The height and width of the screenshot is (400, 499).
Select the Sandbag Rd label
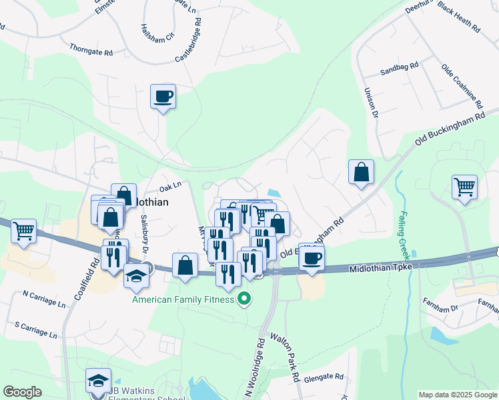pyautogui.click(x=398, y=67)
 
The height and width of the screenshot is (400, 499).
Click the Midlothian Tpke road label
pyautogui.click(x=381, y=267)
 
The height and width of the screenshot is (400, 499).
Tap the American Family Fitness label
pyautogui.click(x=183, y=299)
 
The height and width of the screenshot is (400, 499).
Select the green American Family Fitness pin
pyautogui.click(x=244, y=299)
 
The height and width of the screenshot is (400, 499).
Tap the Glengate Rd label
pyautogui.click(x=324, y=377)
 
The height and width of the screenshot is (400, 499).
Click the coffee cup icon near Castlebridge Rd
pyautogui.click(x=163, y=97)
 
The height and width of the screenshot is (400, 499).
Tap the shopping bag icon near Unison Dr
pyautogui.click(x=361, y=172)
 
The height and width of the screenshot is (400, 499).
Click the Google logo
pyautogui.click(x=22, y=392)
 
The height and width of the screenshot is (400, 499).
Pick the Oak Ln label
pyautogui.click(x=170, y=186)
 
